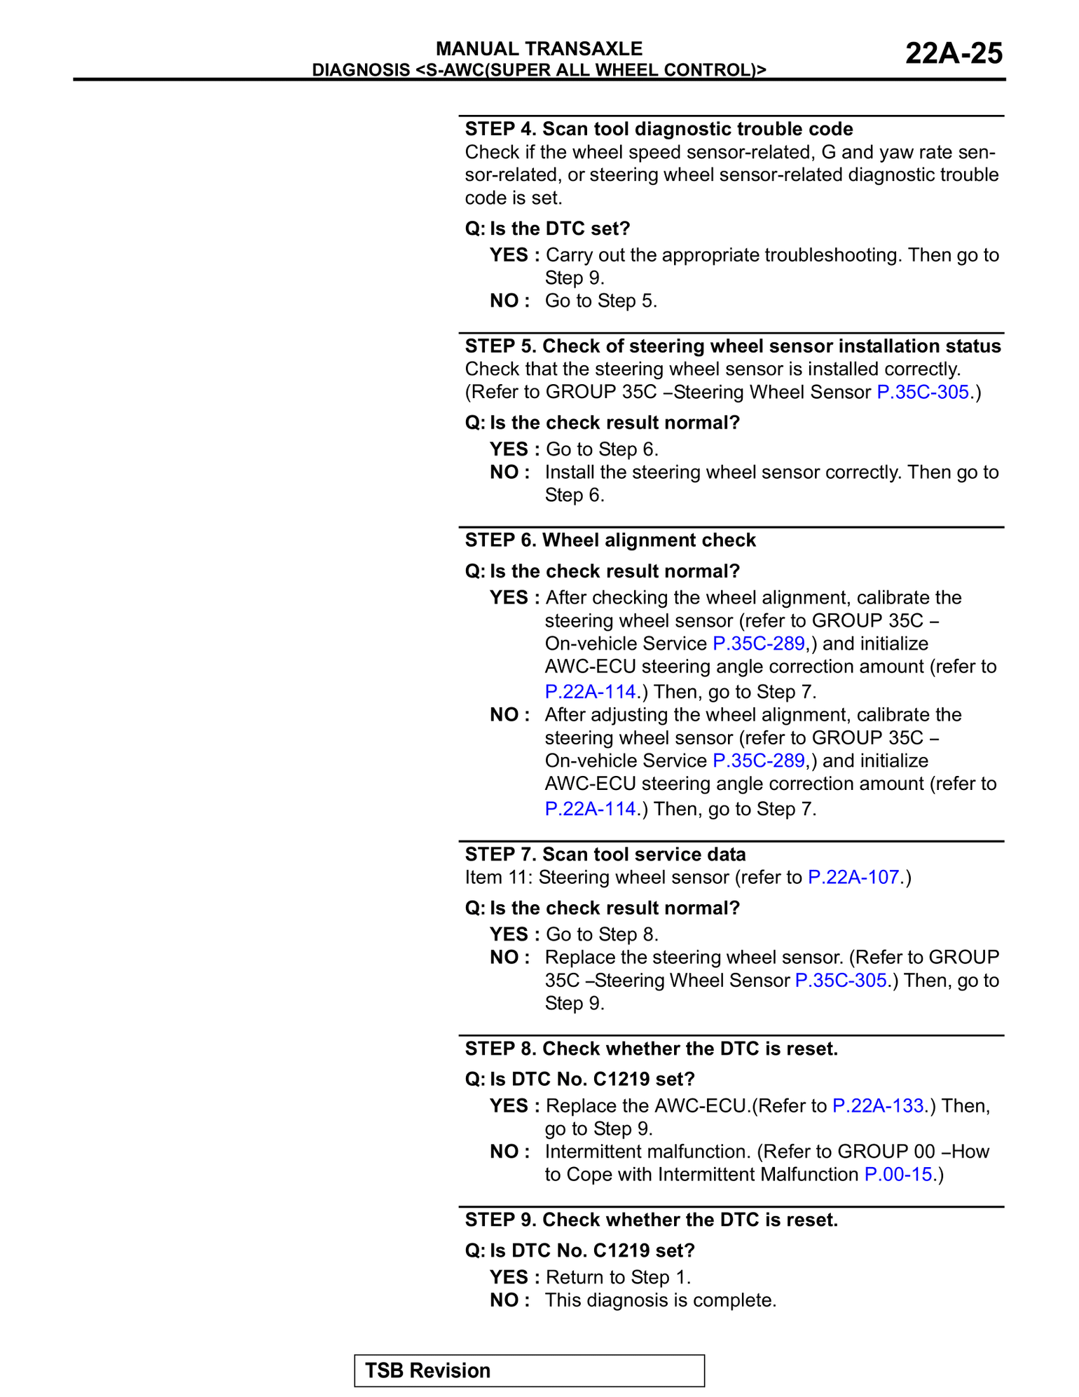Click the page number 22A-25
coord(954,54)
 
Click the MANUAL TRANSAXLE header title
coord(539,48)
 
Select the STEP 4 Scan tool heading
coord(659,129)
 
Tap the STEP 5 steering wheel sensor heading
coord(733,346)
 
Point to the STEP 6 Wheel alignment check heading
coord(610,540)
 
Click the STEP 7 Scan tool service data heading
coord(605,854)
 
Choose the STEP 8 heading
coord(652,1049)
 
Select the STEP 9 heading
coord(652,1220)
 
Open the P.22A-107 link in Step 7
coord(853,877)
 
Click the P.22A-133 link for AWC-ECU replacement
coord(878,1105)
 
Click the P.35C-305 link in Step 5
coord(923,392)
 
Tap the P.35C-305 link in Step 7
coord(841,980)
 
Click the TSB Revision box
coord(529,1370)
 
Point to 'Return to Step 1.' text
coord(618,1277)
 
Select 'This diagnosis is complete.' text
coord(661,1300)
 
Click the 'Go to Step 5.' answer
coord(601,301)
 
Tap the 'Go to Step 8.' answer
coord(602,934)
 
